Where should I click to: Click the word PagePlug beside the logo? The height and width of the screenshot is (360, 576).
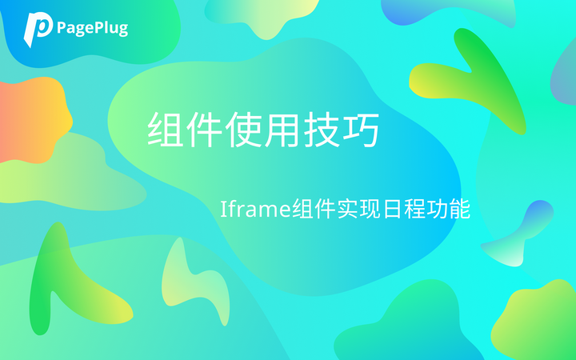point(92,28)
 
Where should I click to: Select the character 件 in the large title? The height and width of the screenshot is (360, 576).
point(205,129)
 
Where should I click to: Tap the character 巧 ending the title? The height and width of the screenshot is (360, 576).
point(361,129)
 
